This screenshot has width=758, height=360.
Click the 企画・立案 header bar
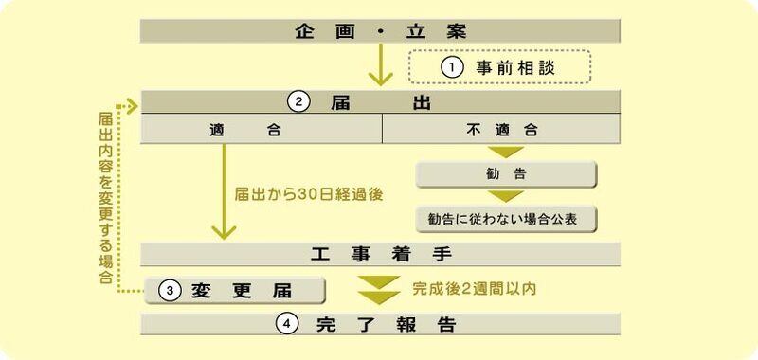pos(380,30)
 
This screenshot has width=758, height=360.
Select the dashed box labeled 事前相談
pos(499,68)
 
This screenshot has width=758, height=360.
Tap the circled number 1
pos(452,68)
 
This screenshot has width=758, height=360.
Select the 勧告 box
pos(506,174)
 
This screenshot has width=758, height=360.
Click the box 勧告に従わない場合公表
pos(506,218)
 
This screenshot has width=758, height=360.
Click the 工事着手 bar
pos(380,254)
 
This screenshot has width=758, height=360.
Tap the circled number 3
pos(169,290)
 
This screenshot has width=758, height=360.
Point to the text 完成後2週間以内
pos(474,287)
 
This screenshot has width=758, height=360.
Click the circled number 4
pos(288,323)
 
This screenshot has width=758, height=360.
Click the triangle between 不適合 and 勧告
pos(506,152)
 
